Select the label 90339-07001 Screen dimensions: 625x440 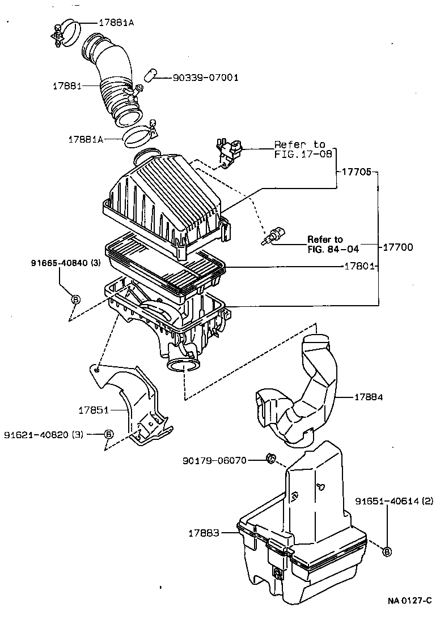pos(197,77)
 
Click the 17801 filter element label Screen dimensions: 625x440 pos(357,266)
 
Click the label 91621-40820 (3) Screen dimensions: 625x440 pos(44,435)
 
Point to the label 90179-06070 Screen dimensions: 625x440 pos(214,460)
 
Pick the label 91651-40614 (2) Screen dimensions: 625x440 pos(394,501)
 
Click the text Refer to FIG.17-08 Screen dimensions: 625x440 pos(300,149)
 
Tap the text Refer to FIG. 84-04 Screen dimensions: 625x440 pos(333,243)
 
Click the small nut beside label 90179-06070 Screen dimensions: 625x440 pos(271,457)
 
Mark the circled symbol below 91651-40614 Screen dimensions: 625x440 pos(387,551)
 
